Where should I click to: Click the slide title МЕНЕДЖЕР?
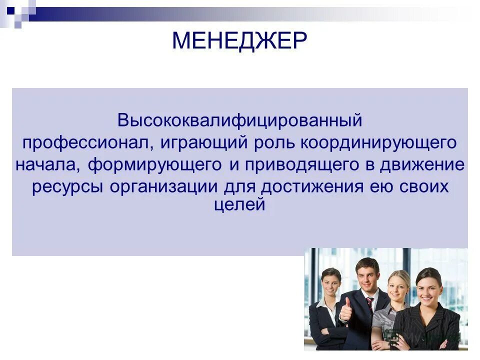239,41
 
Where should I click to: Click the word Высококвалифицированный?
239,120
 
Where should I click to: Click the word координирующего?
378,143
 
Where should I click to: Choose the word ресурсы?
68,187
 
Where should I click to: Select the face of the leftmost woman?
330,283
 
